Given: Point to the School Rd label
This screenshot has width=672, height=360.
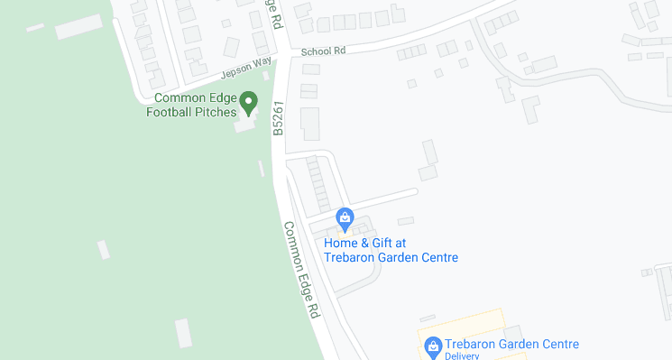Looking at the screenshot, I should pos(324,51).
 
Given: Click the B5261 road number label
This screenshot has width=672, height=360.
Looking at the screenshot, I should pos(279,118).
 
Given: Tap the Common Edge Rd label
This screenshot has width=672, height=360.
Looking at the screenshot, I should pos(302,270).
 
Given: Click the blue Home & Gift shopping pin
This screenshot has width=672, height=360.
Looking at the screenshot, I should pos(344,218).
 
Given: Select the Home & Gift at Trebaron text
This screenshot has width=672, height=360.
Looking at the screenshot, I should pos(365,243).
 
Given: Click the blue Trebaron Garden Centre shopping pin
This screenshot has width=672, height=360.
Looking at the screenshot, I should pos(433,346).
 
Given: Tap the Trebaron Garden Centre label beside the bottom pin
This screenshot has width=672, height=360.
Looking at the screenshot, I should pos(511,344).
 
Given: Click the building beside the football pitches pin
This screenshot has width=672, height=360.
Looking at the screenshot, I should pos(244,125).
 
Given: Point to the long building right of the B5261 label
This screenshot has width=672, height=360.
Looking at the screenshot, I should pos(310,124).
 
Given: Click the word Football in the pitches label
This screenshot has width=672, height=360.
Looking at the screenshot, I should pos(171,112).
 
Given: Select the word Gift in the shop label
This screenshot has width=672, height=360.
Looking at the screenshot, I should pos(380,243).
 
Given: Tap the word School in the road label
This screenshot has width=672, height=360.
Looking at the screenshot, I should pos(317,51).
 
